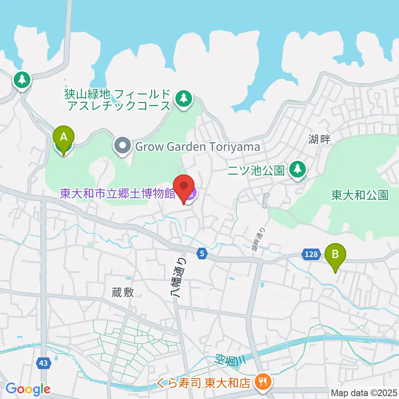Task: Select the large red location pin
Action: [x=184, y=188]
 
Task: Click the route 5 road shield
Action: [x=202, y=253]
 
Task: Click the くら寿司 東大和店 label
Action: [x=204, y=382]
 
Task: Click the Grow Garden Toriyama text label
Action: [x=197, y=147]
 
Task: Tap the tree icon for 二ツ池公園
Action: [x=298, y=169]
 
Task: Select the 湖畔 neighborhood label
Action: [x=320, y=140]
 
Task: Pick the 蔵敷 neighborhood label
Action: [x=123, y=292]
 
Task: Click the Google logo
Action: [x=28, y=389]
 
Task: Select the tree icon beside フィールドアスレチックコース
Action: [x=184, y=99]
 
